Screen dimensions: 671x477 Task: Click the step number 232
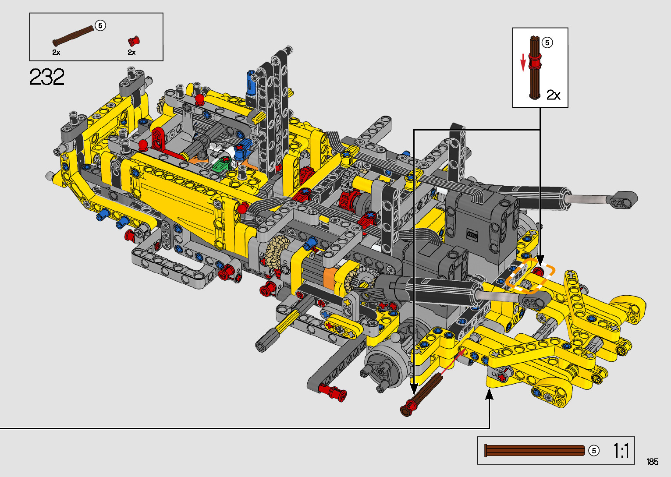(47, 77)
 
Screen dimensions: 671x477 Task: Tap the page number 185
(652, 461)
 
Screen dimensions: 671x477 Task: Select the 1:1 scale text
(621, 450)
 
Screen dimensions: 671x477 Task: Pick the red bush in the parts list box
(134, 41)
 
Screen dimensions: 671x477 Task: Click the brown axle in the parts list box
(73, 36)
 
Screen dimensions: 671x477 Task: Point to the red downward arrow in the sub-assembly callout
(523, 63)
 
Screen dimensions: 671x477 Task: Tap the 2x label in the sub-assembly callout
(553, 95)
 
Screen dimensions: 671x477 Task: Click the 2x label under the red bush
(131, 53)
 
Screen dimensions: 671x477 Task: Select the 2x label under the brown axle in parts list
(56, 53)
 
